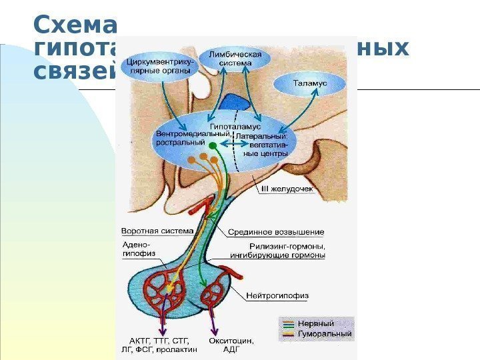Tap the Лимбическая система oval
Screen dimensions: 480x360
(235, 59)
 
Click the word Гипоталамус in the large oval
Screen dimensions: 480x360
(235, 126)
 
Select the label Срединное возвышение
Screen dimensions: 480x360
(277, 233)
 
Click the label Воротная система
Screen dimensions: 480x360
(157, 231)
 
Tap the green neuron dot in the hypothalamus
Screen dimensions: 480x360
(213, 144)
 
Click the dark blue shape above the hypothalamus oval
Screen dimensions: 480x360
(234, 102)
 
